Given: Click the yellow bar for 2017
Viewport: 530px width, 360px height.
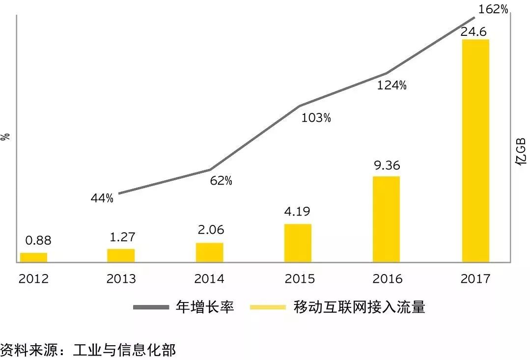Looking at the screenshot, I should pos(475,150).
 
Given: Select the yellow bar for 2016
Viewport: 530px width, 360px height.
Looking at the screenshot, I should pos(386,219).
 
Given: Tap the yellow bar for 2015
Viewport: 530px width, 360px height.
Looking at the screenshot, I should pos(298,243).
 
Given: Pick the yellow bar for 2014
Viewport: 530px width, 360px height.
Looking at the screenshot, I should pos(209,252).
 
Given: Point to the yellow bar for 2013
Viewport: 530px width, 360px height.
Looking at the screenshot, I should pos(121,255).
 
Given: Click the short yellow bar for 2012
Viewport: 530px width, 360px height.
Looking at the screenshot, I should pos(33,257).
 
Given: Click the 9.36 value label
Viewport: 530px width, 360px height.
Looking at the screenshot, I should pos(387,166).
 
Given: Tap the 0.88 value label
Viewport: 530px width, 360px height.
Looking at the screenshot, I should pos(38,241).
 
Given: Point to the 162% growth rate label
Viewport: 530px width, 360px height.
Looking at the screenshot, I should pos(493,9).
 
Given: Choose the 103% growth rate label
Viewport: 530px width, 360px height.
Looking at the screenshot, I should pos(316,118).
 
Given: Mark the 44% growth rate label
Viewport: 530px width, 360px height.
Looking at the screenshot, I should pos(102,198).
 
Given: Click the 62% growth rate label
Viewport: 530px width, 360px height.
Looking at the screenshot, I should pos(221,181).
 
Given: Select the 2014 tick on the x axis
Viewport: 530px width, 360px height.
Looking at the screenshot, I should pos(209,279).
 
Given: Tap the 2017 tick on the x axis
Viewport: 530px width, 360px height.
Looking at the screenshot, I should pos(475,279).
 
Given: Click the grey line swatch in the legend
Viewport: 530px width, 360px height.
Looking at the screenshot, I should pos(151,307).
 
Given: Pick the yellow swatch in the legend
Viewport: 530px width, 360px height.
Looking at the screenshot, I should pos(268,307).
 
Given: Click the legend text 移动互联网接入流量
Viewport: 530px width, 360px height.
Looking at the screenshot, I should pos(359,307).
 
